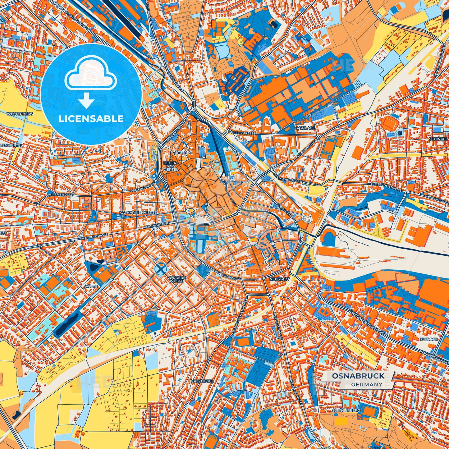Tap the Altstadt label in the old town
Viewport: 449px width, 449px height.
183,153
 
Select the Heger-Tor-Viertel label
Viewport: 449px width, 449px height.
170,166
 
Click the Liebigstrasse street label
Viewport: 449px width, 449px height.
244,133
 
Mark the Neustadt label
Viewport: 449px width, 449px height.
280,279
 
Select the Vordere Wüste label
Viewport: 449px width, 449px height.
176,279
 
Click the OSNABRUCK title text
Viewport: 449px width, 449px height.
358,376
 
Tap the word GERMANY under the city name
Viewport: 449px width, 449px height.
367,384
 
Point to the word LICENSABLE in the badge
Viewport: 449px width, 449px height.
91,119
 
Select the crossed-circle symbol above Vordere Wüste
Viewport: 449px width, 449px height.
161,269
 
